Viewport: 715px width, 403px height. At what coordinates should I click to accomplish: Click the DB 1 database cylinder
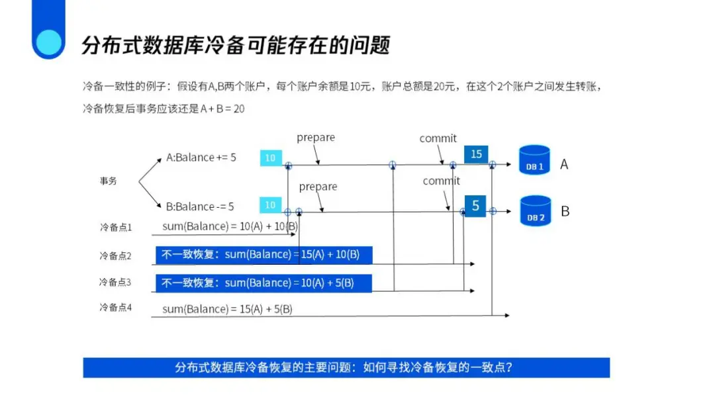point(534,160)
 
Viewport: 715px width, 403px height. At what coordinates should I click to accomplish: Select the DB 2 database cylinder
point(535,210)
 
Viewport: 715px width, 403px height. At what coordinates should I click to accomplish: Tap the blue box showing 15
point(476,154)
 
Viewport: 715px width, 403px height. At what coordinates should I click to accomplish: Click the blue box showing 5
point(475,206)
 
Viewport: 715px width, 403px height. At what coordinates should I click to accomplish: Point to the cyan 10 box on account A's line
point(271,157)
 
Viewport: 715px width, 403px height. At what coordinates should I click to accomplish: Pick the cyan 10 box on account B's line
point(271,205)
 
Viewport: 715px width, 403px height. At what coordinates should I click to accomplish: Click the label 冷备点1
point(115,227)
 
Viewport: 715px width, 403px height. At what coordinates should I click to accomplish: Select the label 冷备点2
point(115,255)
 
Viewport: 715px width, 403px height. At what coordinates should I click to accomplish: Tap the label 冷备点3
point(115,282)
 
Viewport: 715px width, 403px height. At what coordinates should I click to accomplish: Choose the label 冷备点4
point(115,307)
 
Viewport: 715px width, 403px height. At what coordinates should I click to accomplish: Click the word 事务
point(108,181)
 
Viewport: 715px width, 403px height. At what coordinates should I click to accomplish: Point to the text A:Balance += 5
point(201,157)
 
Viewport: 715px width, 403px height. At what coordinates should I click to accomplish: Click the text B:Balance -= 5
point(200,206)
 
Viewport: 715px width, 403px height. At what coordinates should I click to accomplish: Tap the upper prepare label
point(316,138)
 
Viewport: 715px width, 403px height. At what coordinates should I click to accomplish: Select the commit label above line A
point(438,138)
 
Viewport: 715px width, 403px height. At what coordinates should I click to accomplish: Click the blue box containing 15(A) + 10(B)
point(263,255)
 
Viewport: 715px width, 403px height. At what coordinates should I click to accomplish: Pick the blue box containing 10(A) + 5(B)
point(263,283)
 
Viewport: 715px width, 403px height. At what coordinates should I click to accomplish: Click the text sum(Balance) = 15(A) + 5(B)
point(227,309)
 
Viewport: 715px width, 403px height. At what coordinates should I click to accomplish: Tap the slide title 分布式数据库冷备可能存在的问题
point(236,45)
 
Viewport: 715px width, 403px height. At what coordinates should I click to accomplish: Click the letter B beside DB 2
point(565,212)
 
